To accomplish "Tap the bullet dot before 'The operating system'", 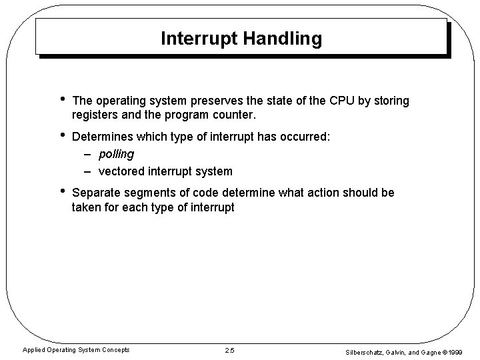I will (62, 100).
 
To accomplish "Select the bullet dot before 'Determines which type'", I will (62, 136).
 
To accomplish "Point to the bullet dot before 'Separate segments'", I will (62, 193).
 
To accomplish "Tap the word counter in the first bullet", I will (235, 115).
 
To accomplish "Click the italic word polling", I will (116, 154).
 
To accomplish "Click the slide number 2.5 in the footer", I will (230, 350).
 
